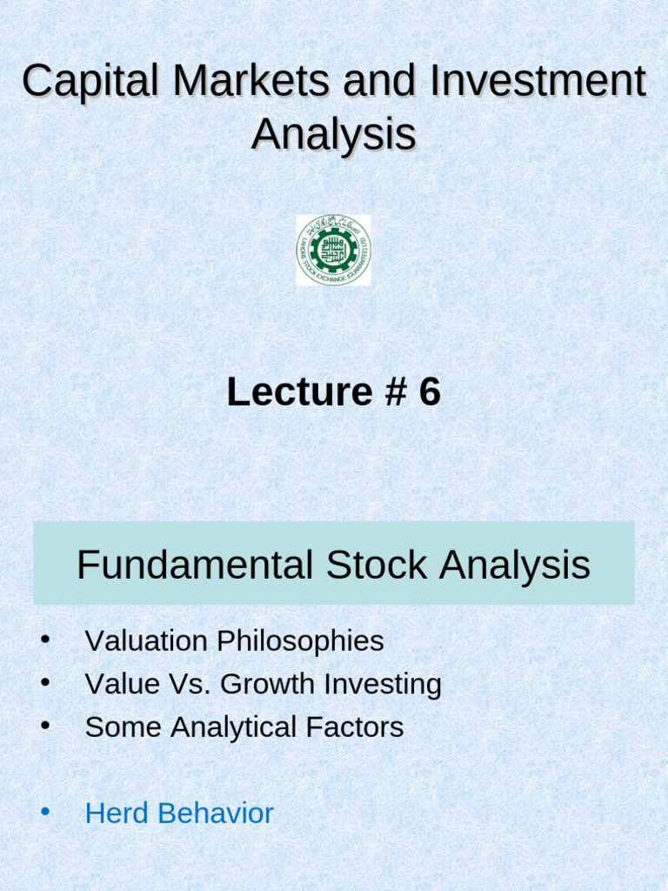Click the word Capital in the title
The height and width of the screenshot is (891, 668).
[90, 83]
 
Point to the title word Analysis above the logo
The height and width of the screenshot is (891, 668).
[334, 135]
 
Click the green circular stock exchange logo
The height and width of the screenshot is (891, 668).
[333, 250]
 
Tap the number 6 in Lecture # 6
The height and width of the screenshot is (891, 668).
[430, 393]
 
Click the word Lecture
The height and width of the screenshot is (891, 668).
[286, 393]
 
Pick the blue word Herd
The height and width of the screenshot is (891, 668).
[113, 814]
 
